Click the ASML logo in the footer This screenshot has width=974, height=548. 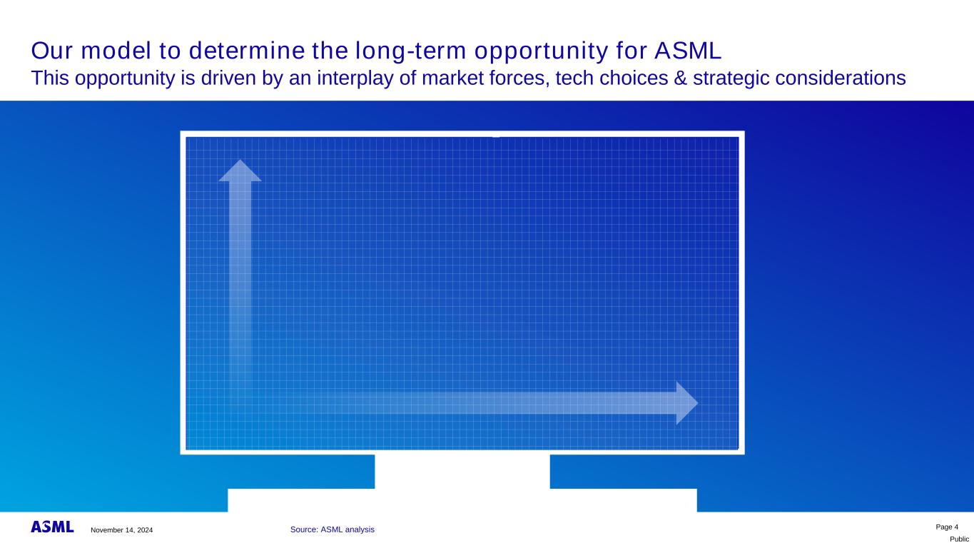click(x=52, y=527)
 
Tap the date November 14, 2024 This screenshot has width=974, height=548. click(x=122, y=530)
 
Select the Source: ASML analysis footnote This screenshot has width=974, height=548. click(x=333, y=529)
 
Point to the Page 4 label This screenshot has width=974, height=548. click(x=947, y=527)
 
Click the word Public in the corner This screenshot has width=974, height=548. click(x=959, y=539)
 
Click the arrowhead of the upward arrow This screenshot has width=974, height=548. click(x=240, y=171)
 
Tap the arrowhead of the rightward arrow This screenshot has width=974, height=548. click(x=687, y=403)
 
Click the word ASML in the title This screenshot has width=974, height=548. click(x=688, y=51)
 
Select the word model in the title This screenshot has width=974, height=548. click(x=116, y=51)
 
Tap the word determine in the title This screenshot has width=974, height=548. click(x=247, y=51)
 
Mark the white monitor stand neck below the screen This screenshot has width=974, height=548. click(x=462, y=472)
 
